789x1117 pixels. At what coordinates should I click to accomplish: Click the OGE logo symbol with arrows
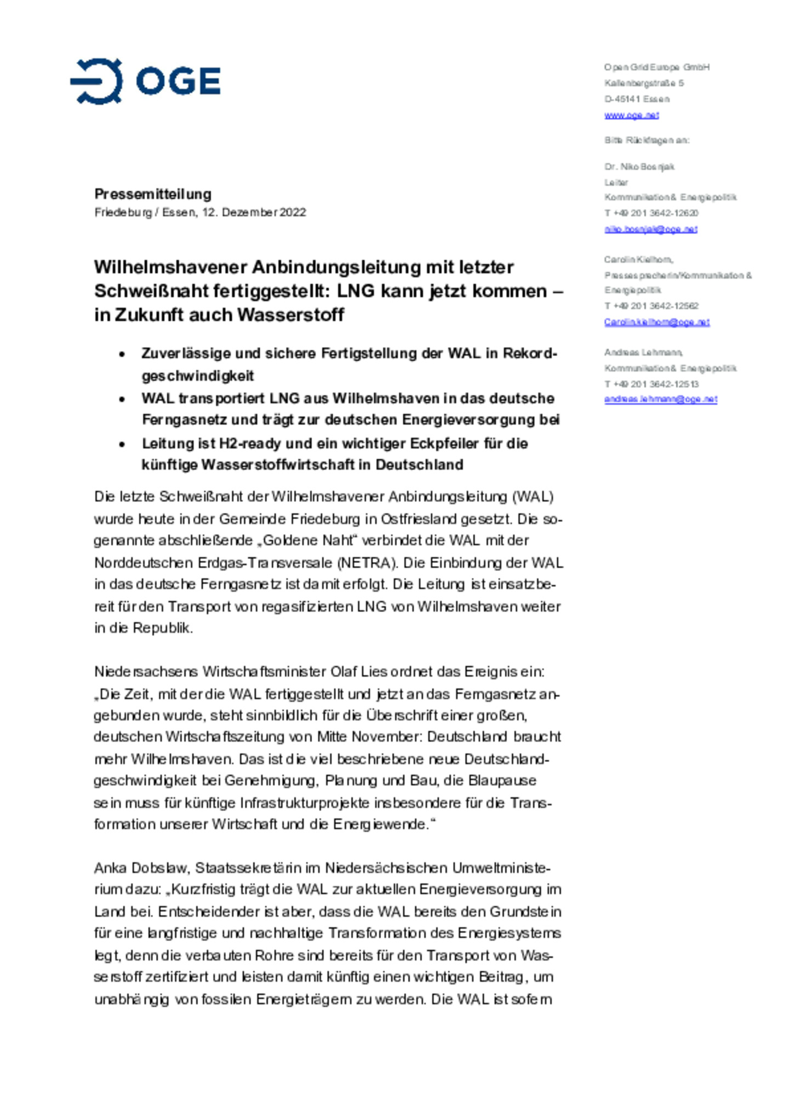(x=97, y=82)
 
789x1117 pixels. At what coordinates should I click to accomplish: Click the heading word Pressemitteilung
(x=153, y=194)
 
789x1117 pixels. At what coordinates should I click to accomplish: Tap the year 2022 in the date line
(x=293, y=212)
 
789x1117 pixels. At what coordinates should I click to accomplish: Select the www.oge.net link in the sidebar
(x=631, y=115)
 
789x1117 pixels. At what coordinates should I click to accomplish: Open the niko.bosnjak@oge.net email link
(x=650, y=229)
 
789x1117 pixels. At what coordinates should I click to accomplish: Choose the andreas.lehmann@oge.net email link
(x=660, y=400)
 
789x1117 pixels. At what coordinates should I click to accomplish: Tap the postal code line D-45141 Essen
(x=637, y=99)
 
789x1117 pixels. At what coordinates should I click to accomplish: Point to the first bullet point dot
(x=122, y=354)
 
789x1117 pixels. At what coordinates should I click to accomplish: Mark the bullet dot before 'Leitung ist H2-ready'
(x=122, y=444)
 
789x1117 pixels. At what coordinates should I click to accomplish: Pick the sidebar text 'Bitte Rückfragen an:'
(x=647, y=140)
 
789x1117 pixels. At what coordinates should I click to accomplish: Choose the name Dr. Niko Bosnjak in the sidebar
(x=639, y=167)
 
